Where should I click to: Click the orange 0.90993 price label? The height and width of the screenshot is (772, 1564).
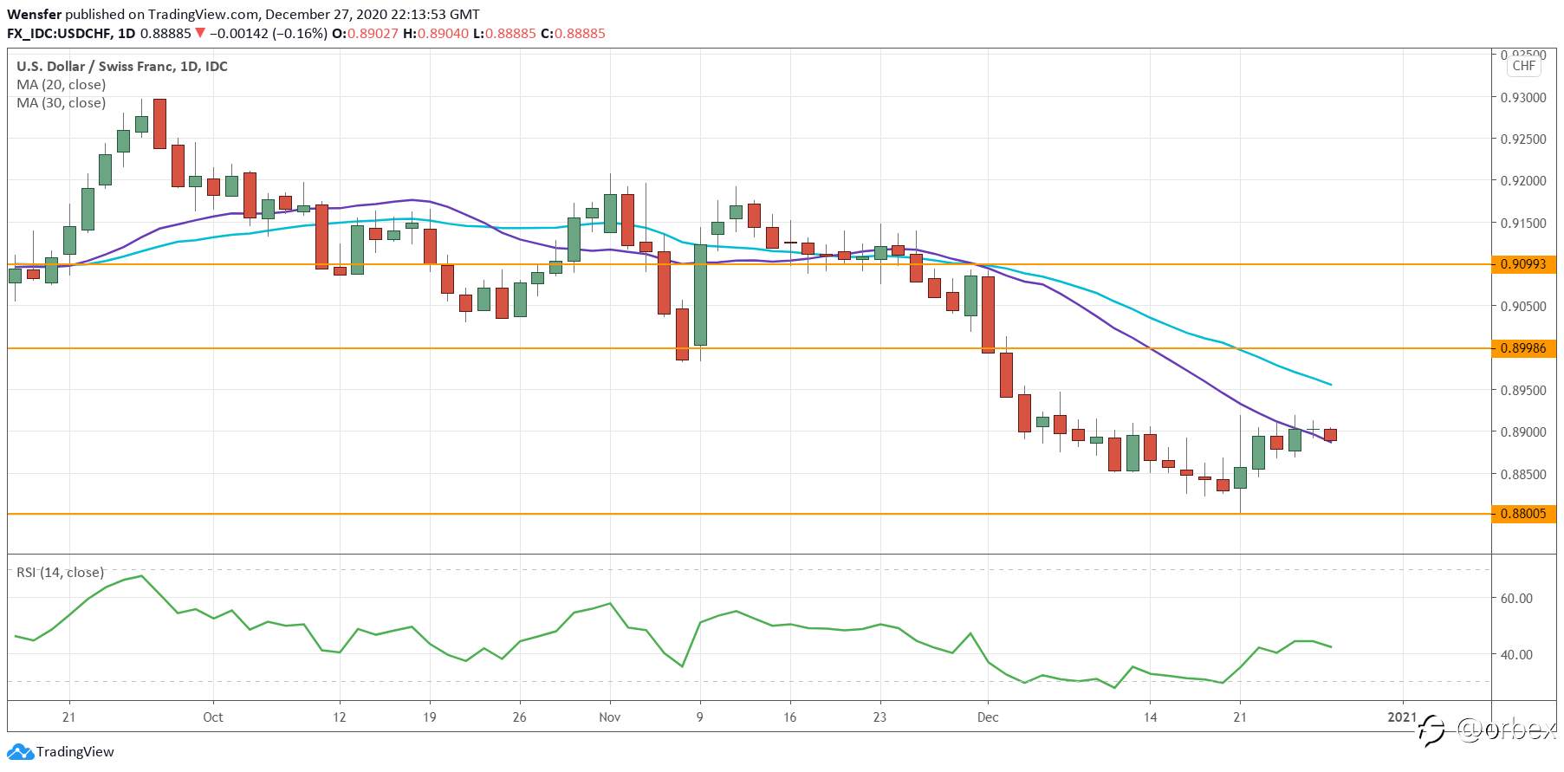click(1523, 264)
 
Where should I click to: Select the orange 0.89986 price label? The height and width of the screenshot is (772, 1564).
click(1523, 348)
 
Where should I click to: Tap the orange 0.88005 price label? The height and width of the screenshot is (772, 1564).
click(1523, 514)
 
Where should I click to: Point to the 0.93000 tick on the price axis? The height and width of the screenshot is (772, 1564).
click(1523, 98)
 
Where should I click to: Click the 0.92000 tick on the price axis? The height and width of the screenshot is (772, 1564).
click(1523, 181)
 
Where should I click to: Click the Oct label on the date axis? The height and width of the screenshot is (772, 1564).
click(213, 717)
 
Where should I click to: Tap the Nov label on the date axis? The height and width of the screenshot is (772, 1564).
click(610, 717)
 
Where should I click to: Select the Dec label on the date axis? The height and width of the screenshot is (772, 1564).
click(988, 717)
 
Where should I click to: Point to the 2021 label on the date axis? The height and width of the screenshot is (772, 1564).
click(1402, 717)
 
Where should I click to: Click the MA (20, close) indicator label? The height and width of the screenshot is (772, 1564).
click(62, 85)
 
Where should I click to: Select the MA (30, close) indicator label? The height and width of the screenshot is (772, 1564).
click(62, 103)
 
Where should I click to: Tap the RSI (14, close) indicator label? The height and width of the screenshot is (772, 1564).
click(61, 573)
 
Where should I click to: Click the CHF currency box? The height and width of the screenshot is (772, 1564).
click(1524, 66)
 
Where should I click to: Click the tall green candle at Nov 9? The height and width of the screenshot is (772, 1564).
click(701, 295)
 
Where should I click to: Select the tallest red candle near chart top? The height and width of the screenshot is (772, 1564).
click(159, 123)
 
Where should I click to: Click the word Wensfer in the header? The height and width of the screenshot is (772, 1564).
click(34, 15)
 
